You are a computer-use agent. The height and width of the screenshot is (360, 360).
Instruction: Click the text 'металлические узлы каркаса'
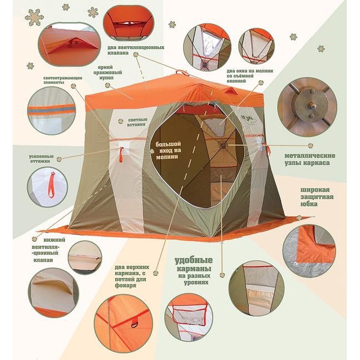click(310, 159)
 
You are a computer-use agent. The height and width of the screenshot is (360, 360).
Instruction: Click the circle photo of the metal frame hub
click(307, 107)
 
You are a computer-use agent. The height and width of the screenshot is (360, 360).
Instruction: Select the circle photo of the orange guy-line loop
click(47, 186)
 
